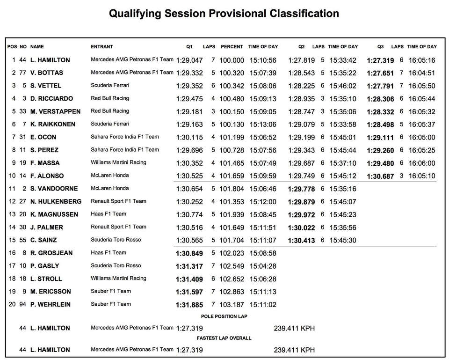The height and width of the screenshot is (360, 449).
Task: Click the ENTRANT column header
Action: pos(101,47)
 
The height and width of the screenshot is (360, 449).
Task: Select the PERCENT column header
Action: pos(232,47)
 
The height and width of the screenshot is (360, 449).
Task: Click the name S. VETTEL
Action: pos(46,86)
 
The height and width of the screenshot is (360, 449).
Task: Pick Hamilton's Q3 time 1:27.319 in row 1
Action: pos(380,60)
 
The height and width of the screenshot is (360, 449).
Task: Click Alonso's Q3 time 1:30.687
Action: pos(380,176)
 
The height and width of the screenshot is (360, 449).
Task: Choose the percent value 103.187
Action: pos(232,305)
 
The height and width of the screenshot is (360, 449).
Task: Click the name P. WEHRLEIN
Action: pos(51,305)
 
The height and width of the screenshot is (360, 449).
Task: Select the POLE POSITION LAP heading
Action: pos(224,316)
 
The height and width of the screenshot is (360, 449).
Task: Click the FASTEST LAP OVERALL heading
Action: pos(224,338)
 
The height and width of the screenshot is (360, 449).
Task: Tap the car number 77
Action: pos(23,73)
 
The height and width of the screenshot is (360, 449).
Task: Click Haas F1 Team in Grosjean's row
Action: pos(109,253)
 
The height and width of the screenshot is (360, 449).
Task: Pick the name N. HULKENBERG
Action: pos(56,202)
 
